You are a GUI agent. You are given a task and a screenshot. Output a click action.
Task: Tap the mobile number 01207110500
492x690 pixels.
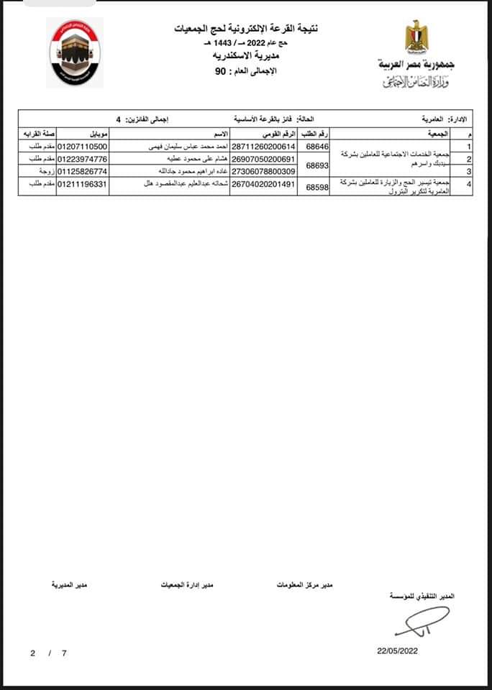pyautogui.click(x=82, y=146)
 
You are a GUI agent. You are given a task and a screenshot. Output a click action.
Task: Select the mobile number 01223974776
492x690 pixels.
pyautogui.click(x=82, y=159)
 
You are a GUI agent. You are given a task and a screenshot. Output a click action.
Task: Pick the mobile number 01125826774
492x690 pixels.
pyautogui.click(x=82, y=172)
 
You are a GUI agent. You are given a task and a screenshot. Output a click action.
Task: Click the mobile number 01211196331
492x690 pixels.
pyautogui.click(x=82, y=185)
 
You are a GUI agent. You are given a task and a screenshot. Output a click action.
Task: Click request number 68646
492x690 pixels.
pyautogui.click(x=317, y=146)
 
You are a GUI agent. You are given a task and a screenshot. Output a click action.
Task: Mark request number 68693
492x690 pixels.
pyautogui.click(x=317, y=165)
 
